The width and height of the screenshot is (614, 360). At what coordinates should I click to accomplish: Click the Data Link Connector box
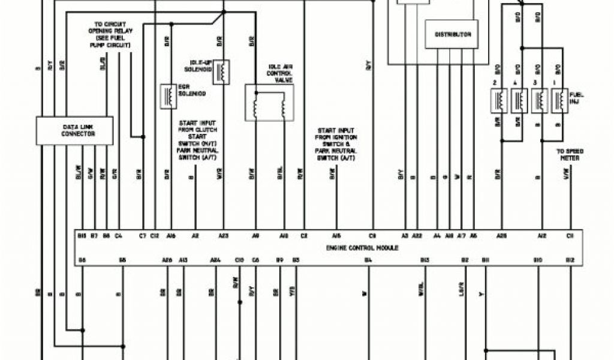tap(74, 131)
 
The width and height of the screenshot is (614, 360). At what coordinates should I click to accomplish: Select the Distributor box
tap(452, 35)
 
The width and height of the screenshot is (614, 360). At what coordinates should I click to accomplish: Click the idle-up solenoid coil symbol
tap(221, 72)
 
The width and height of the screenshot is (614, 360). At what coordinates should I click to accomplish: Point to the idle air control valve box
tap(270, 103)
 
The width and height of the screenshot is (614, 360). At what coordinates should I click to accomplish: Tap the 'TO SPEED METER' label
tap(570, 155)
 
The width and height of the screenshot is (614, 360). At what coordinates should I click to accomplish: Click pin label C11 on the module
tap(570, 236)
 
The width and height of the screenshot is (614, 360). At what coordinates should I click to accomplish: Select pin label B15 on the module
tap(82, 236)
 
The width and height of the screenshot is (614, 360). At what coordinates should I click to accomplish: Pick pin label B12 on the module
tap(570, 260)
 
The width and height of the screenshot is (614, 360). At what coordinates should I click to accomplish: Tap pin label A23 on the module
tap(224, 236)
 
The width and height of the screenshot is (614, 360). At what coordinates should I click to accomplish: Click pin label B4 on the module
tap(368, 260)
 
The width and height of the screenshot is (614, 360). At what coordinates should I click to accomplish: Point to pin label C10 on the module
tap(239, 260)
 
